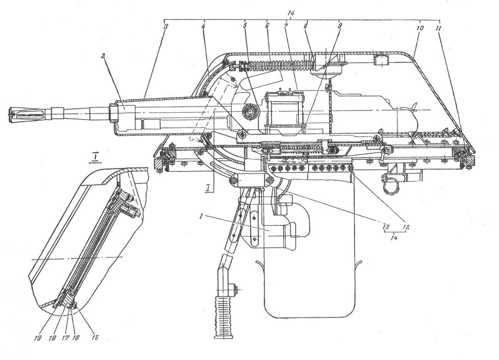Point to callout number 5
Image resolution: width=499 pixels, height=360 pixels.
tap(245, 26)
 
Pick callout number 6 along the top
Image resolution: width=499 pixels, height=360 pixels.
tap(267, 26)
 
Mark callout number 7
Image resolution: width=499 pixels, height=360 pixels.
tap(286, 26)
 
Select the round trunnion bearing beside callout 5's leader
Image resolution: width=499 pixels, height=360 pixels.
tap(251, 111)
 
